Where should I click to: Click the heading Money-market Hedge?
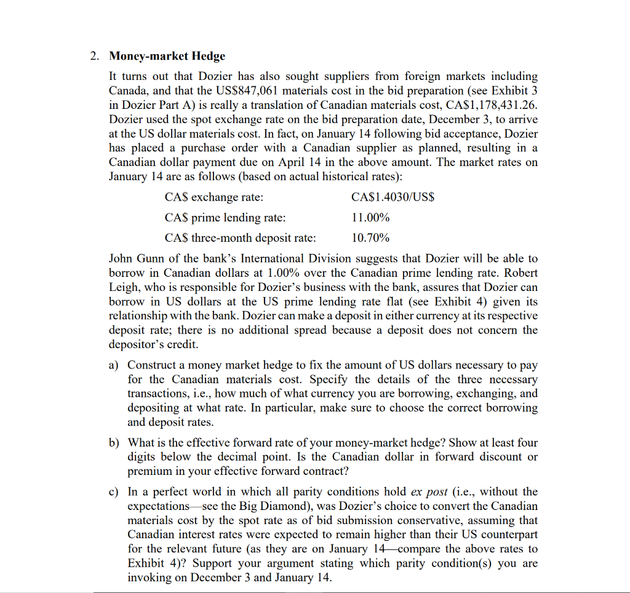tap(167, 56)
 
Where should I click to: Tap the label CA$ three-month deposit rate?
tap(240, 237)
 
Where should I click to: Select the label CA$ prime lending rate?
tap(225, 217)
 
